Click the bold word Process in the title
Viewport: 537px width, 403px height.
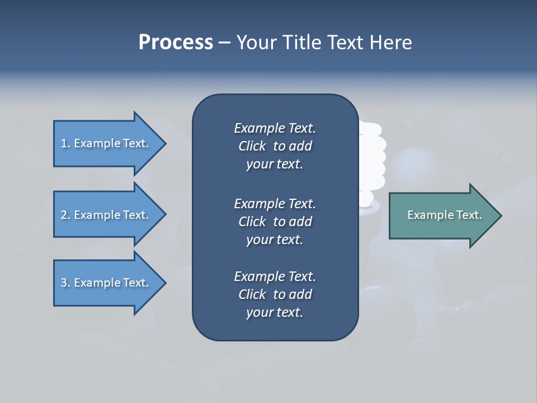(x=176, y=43)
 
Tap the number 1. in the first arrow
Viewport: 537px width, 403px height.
(x=65, y=143)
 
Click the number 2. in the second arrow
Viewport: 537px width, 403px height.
(x=65, y=215)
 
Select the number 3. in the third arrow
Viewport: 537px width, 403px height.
(x=65, y=283)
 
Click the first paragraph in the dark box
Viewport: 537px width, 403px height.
(x=275, y=146)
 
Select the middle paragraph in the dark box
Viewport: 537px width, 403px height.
(x=275, y=222)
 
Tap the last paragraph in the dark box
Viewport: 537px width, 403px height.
(x=275, y=294)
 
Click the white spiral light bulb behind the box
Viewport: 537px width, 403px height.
(x=371, y=162)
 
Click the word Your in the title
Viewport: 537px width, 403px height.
(x=255, y=43)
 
